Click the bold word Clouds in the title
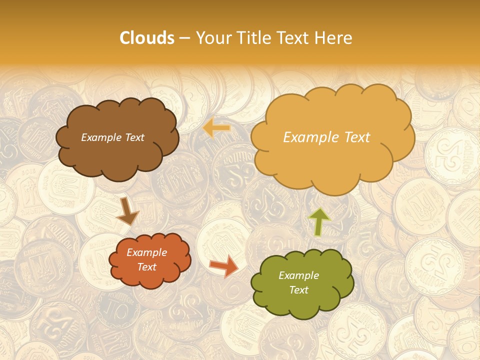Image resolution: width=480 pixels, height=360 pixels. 147,37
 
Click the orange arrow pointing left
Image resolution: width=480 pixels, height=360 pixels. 216,128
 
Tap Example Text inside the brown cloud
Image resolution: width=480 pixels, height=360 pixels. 112,137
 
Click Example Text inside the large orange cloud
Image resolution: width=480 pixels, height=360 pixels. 326,137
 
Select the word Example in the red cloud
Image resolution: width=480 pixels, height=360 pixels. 146,252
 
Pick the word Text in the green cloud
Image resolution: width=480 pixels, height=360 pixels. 298,290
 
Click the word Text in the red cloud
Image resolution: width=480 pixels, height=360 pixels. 146,267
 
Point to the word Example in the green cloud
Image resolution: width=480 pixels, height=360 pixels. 298,275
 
